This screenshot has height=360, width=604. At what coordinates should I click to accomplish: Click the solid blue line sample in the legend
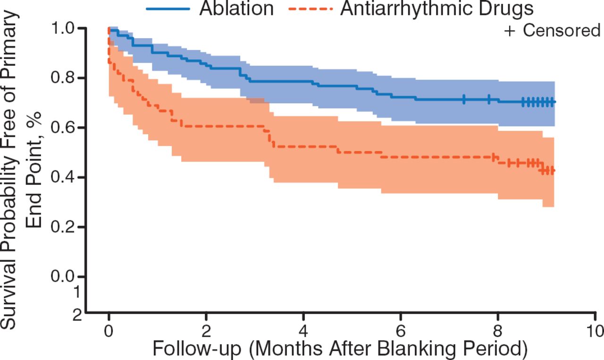coord(168,8)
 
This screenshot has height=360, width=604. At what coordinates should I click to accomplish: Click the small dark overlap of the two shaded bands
coord(257,100)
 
